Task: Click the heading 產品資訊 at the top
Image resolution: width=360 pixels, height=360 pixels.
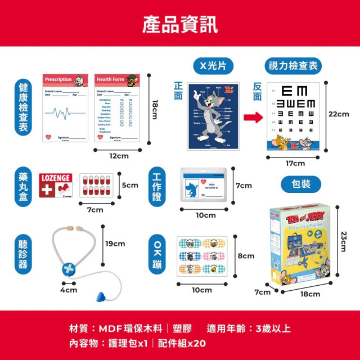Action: click(x=180, y=24)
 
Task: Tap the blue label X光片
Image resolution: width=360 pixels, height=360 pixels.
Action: click(x=213, y=66)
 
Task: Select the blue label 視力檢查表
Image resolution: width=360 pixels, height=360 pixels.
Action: click(x=292, y=66)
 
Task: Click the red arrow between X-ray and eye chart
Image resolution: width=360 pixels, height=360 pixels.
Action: click(x=253, y=118)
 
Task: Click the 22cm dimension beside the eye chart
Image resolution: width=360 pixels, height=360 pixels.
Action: click(x=339, y=114)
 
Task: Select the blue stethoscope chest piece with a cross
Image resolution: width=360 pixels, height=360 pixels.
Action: click(x=69, y=268)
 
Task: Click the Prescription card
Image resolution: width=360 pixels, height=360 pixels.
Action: click(x=65, y=107)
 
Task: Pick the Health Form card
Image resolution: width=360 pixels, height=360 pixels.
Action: click(x=116, y=107)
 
